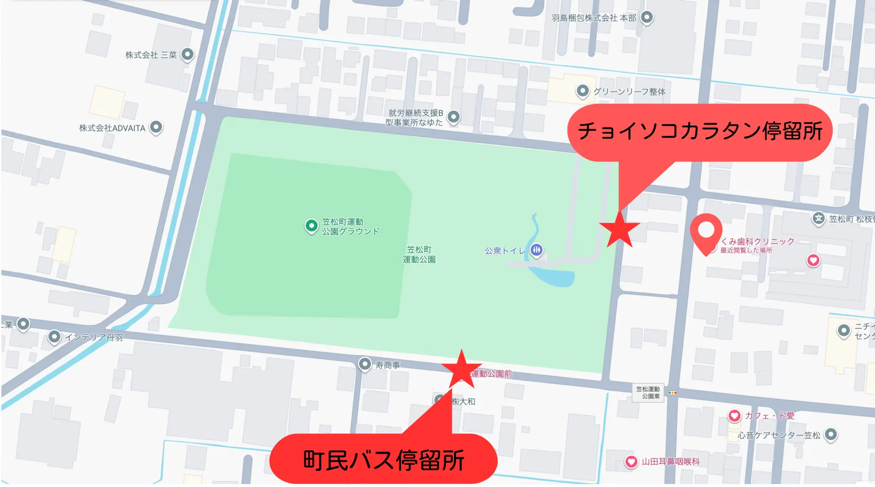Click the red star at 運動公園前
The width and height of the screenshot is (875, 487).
pos(461,369)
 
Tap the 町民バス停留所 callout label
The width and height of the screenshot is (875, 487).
pos(383,459)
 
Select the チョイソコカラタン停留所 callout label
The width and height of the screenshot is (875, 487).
pos(700,132)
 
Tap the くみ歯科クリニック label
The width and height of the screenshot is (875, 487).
pos(757,241)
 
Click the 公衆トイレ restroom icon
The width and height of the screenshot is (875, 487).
pos(537,250)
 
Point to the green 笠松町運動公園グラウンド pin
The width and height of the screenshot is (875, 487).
pos(311,225)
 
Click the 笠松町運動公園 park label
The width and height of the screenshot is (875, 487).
pos(419,255)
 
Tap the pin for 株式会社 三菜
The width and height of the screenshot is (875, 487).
pos(187,54)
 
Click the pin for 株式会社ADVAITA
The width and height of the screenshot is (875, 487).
pos(156,127)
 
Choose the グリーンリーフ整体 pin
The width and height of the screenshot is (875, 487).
pos(582,91)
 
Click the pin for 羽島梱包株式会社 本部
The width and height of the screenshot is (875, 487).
pos(647,17)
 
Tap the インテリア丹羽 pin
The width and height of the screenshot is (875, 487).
pos(54,337)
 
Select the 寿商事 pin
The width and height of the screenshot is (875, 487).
pos(365,364)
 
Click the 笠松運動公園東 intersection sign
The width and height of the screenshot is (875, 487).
pos(648,393)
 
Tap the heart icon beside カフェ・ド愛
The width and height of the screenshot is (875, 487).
pos(734,415)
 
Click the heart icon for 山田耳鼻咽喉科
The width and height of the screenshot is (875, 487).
pos(631,462)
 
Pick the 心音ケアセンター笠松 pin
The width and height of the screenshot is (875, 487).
pos(831,435)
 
